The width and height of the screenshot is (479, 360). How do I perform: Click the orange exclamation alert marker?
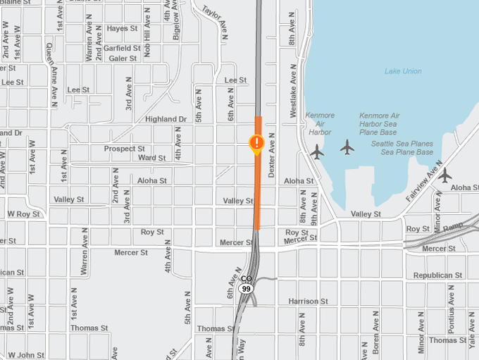(257, 144)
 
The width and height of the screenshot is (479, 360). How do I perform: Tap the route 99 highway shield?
(245, 289)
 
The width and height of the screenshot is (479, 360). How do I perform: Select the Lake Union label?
(403, 71)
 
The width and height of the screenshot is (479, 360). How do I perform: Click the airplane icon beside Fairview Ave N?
(444, 175)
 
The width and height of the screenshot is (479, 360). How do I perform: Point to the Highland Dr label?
(166, 120)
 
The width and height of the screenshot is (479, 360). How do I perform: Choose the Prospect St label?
(124, 149)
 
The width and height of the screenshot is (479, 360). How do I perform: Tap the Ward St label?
(151, 158)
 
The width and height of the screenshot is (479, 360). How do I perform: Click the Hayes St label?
(123, 29)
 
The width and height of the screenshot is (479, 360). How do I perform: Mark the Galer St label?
(123, 58)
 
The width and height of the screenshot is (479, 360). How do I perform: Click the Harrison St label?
(309, 302)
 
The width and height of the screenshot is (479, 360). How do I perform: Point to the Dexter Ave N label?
(271, 154)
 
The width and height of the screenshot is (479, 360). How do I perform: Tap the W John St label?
(25, 355)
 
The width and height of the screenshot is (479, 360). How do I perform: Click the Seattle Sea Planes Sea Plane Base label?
(402, 148)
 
